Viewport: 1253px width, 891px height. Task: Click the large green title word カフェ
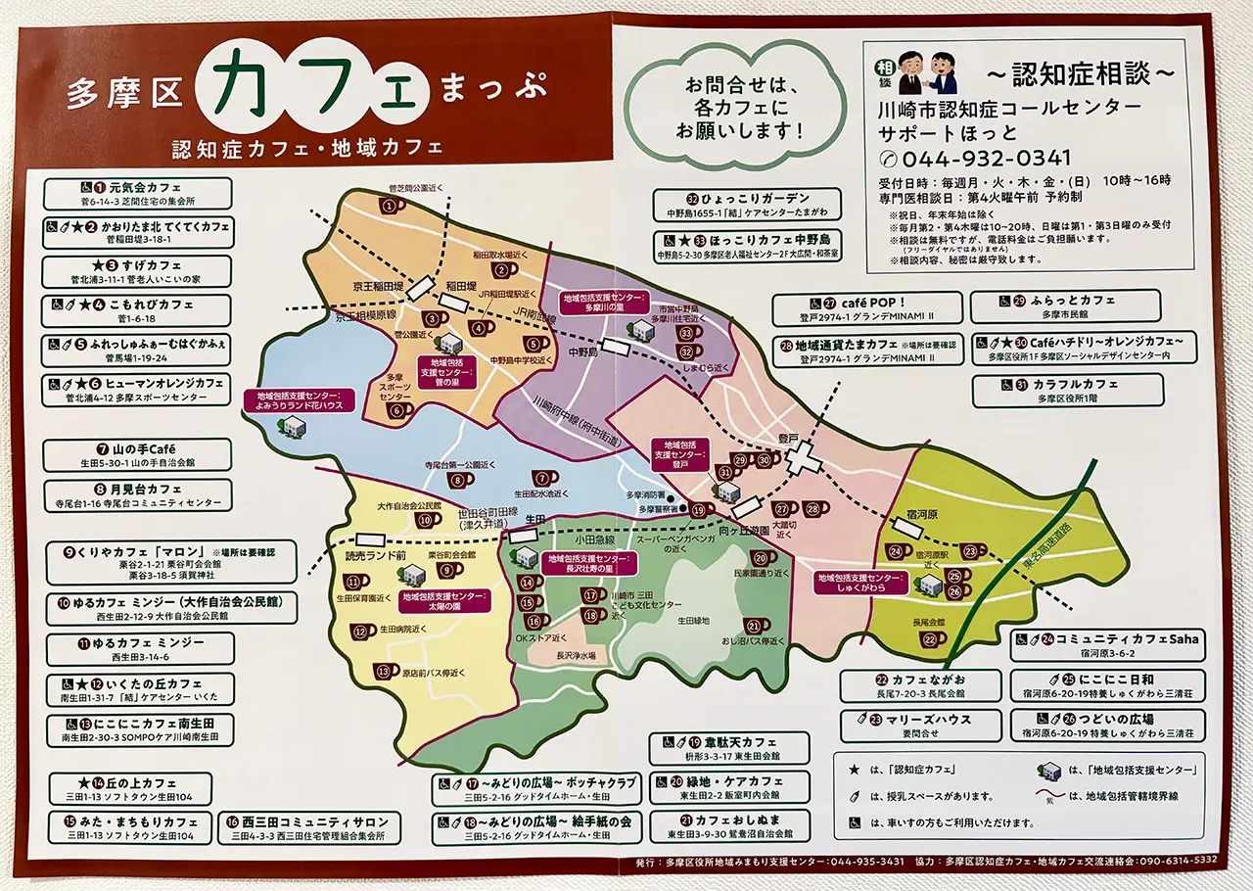(313, 94)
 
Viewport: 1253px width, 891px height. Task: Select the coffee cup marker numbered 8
(459, 480)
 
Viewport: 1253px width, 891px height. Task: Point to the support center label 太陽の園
(443, 600)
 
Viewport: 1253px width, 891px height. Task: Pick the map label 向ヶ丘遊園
(771, 529)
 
